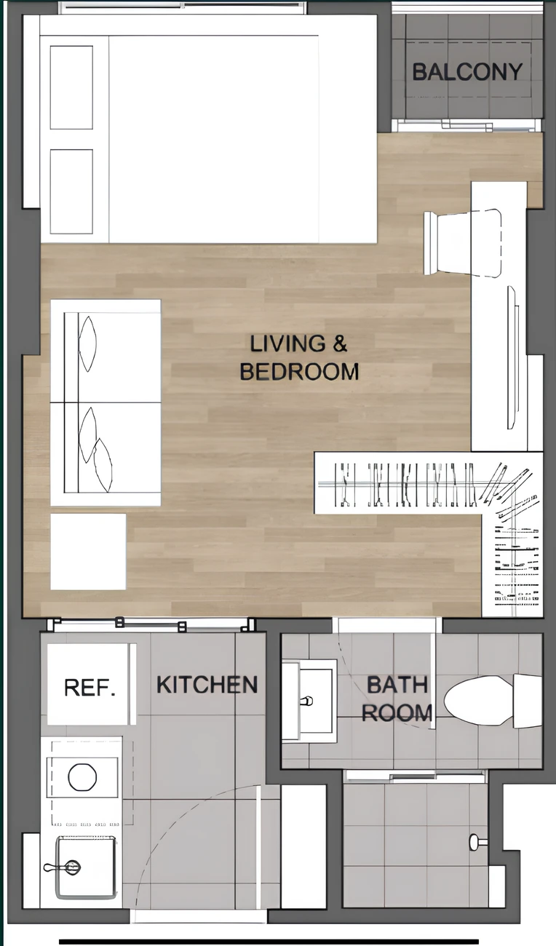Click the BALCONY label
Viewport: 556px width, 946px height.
[x=467, y=72]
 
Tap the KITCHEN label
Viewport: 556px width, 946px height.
[x=207, y=685]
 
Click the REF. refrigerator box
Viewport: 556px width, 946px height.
[x=88, y=684]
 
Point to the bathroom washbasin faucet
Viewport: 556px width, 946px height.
[x=306, y=701]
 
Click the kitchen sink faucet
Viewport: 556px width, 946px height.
[x=62, y=867]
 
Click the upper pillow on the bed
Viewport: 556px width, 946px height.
[x=71, y=87]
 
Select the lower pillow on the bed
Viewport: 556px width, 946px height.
[x=71, y=191]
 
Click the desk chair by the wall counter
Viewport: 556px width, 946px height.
[x=464, y=243]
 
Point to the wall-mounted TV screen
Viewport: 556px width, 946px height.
[x=512, y=357]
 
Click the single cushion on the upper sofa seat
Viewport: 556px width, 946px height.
[x=87, y=343]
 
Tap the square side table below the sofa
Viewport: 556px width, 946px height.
[x=88, y=552]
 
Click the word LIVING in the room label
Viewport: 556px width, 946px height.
[x=287, y=343]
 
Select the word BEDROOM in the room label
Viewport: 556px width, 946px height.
[x=300, y=372]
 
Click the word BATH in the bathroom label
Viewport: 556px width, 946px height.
[x=397, y=685]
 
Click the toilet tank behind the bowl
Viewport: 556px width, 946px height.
[x=528, y=701]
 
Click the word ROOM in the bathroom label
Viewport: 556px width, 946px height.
[x=397, y=713]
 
